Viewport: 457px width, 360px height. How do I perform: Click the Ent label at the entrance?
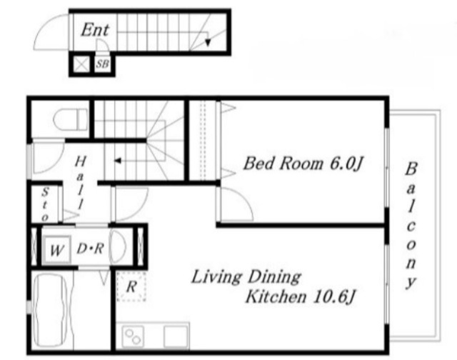tap(95, 30)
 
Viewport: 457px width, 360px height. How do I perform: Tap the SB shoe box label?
tap(102, 64)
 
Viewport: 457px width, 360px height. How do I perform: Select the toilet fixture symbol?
tap(71, 119)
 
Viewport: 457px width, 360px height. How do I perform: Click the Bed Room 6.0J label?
tap(303, 164)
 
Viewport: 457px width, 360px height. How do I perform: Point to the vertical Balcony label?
tap(411, 225)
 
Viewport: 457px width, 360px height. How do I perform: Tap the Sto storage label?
tap(44, 204)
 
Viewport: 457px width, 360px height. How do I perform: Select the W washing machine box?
tap(57, 250)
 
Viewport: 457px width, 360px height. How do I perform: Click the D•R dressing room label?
tap(91, 249)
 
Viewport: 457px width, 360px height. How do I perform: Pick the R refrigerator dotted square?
tap(131, 286)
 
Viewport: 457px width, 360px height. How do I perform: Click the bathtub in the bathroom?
tap(51, 311)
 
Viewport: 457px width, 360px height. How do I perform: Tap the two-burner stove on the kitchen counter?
tap(133, 336)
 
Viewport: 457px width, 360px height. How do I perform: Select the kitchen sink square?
tap(176, 336)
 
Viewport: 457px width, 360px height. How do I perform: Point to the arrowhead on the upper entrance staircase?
tap(208, 43)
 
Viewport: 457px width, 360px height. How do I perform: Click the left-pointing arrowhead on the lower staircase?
tap(118, 161)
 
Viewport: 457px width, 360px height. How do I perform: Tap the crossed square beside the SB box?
tap(81, 64)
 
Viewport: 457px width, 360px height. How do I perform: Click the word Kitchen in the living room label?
tap(276, 296)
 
